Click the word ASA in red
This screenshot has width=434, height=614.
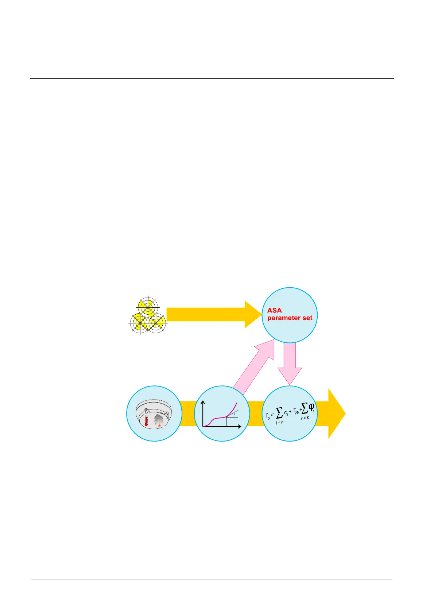tap(274, 310)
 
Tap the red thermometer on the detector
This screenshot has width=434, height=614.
tap(146, 420)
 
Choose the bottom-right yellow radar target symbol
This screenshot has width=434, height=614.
tap(156, 323)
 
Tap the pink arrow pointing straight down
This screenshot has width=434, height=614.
tap(290, 368)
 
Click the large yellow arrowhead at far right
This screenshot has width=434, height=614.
tap(336, 413)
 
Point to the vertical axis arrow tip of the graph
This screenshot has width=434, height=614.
tap(204, 402)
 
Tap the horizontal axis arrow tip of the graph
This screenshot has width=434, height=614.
tap(240, 426)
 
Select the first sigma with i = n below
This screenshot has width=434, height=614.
tap(279, 413)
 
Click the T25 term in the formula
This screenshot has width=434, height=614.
tap(295, 412)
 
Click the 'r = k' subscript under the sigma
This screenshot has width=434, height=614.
tap(305, 418)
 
